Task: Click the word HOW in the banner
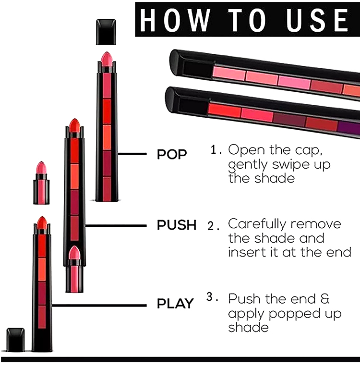175,20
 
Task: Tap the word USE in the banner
317,20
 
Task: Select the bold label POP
172,154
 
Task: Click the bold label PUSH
177,225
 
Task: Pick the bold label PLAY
175,303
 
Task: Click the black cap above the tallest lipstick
106,32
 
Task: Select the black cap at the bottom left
15,340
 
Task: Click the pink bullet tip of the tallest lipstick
107,59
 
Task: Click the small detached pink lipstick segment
41,183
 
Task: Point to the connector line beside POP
132,154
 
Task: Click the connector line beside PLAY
99,306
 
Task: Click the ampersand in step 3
325,299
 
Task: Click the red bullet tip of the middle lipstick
75,126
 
